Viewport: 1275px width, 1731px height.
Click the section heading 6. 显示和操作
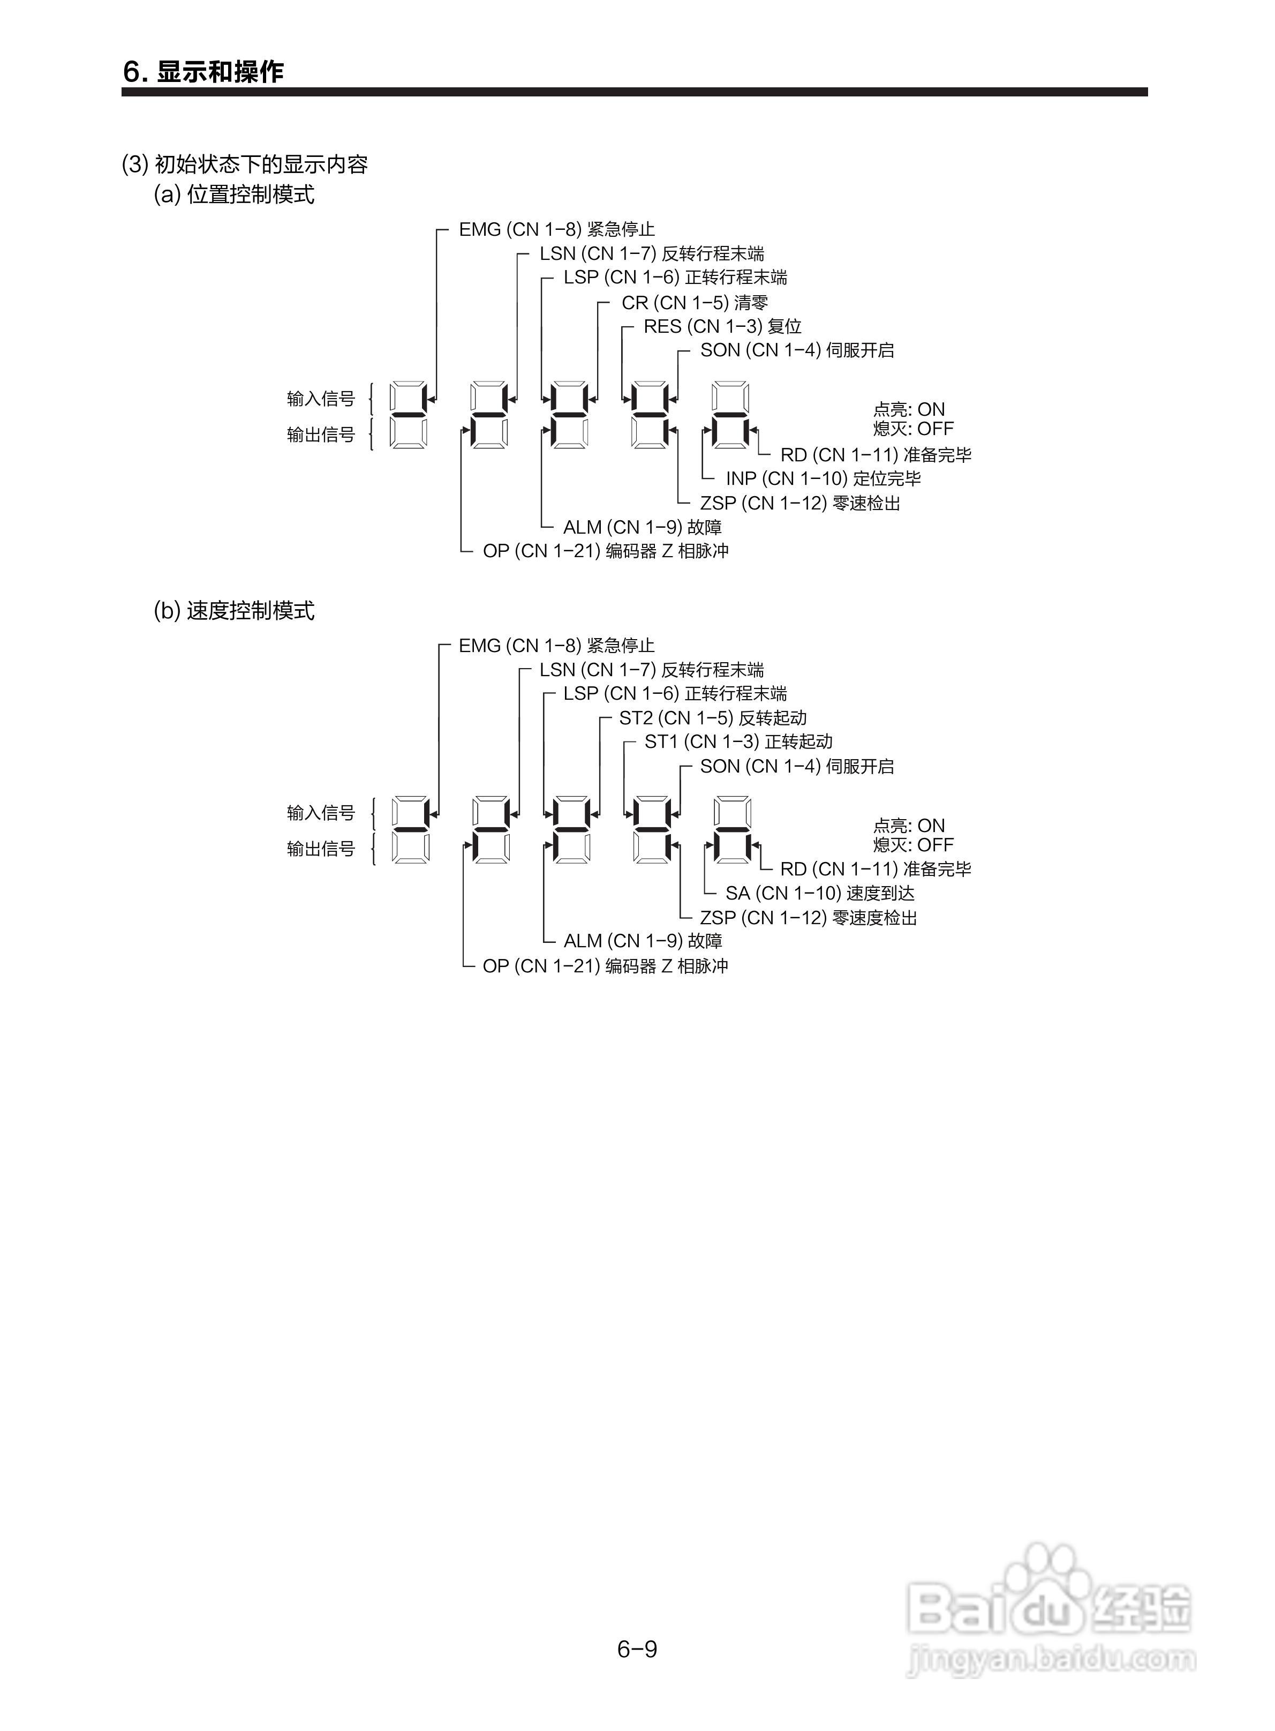click(203, 72)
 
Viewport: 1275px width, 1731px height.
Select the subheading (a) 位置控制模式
click(234, 194)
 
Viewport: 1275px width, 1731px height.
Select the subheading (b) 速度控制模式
click(234, 611)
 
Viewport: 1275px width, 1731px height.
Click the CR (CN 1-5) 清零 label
click(695, 303)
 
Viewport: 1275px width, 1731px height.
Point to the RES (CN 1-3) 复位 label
click(722, 327)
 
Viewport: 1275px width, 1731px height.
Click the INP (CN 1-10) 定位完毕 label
click(823, 478)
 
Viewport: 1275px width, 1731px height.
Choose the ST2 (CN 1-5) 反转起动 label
click(712, 718)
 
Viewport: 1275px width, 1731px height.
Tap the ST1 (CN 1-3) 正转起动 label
click(738, 742)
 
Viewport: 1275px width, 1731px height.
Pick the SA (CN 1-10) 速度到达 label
click(820, 893)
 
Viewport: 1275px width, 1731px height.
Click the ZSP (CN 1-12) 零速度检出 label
click(808, 918)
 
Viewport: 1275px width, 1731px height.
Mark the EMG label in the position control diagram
click(556, 229)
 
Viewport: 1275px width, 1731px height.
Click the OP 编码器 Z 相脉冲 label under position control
click(605, 551)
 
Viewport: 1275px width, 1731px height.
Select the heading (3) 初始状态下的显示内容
click(245, 164)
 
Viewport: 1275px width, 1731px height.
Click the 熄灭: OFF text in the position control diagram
click(913, 429)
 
